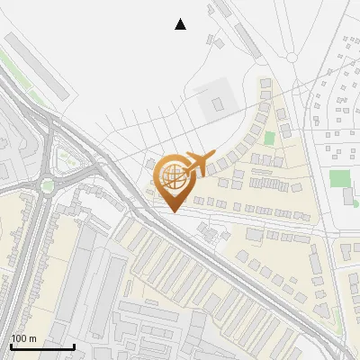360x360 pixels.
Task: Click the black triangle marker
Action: click(x=180, y=24)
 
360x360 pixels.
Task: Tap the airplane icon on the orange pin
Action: click(x=199, y=163)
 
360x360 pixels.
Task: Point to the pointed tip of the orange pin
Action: click(x=173, y=211)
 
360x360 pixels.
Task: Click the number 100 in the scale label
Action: click(x=18, y=338)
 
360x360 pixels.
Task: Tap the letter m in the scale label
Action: click(x=31, y=338)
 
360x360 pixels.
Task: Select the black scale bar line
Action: click(x=42, y=346)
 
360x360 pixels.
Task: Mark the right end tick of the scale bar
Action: click(x=74, y=345)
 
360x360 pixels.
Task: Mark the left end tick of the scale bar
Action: click(x=11, y=345)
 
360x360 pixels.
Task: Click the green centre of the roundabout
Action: click(x=47, y=186)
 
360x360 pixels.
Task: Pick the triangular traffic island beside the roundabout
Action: click(x=66, y=159)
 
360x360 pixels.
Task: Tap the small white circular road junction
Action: click(x=292, y=57)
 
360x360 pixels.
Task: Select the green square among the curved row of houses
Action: click(x=269, y=139)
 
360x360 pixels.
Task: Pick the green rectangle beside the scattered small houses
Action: click(x=339, y=178)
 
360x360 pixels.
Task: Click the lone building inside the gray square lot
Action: click(x=217, y=103)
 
